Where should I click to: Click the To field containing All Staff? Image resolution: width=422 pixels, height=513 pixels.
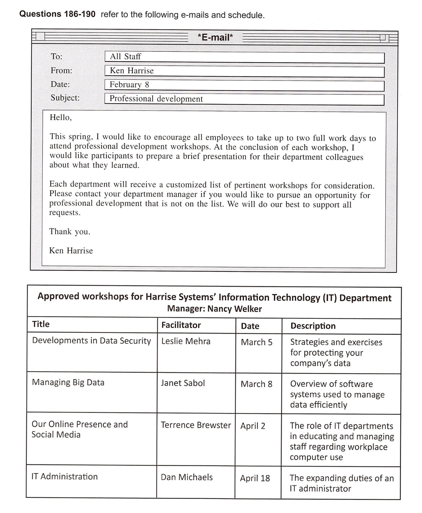(x=244, y=57)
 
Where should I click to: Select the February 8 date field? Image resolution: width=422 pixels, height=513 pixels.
(x=244, y=85)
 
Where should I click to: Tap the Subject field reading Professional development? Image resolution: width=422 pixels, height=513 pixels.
(x=244, y=99)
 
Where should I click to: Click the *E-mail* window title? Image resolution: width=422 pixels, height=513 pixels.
(x=215, y=37)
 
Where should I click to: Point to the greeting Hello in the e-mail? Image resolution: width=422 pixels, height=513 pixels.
(x=61, y=117)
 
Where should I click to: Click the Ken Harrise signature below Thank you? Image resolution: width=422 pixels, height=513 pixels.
(x=71, y=251)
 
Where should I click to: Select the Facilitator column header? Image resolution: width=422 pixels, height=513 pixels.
(x=181, y=325)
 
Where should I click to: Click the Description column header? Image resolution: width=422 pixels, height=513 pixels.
(x=313, y=326)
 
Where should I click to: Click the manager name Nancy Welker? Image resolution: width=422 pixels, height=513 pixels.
(x=235, y=309)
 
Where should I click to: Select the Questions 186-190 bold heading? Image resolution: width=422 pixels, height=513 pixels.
(x=57, y=14)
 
